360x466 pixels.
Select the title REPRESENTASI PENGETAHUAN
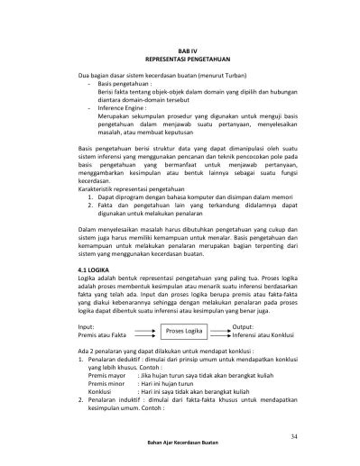tap(184, 62)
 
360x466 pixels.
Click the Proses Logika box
tap(184, 332)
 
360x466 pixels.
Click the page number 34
tap(293, 436)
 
